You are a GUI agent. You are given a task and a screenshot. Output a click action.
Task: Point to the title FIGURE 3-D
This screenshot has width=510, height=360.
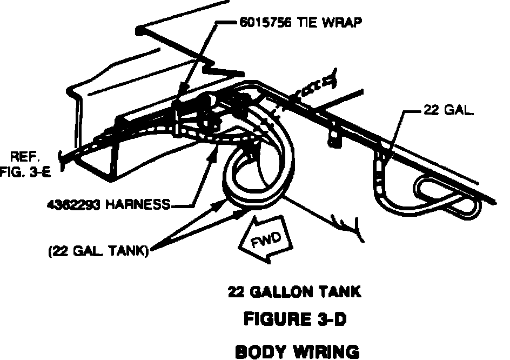(294, 320)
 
